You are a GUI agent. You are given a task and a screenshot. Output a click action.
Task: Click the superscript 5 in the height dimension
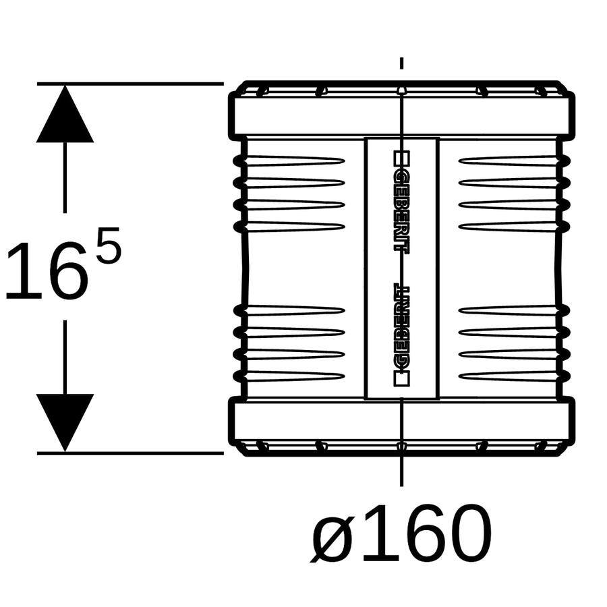pyautogui.click(x=109, y=245)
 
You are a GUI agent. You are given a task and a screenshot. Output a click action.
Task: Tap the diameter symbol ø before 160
pyautogui.click(x=331, y=534)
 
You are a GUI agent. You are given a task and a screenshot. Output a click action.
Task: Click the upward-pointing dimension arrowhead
pyautogui.click(x=65, y=114)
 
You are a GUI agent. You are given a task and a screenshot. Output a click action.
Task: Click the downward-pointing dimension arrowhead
pyautogui.click(x=65, y=422)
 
